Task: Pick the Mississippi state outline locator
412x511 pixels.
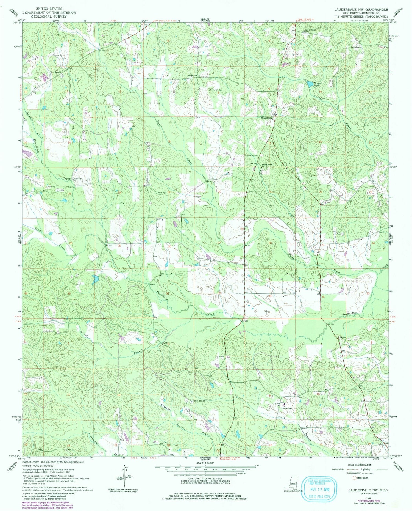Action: pyautogui.click(x=293, y=484)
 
